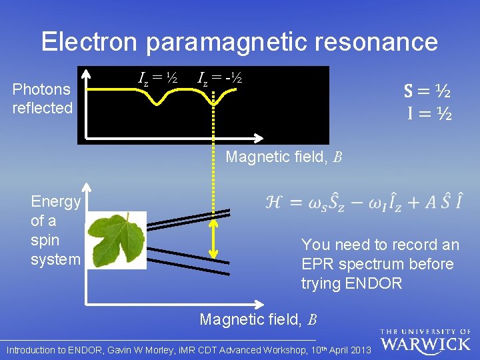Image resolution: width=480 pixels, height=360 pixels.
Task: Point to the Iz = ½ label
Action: click(x=157, y=79)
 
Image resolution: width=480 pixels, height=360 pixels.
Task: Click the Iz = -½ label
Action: click(x=219, y=79)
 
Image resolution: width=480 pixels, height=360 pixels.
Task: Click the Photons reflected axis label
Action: click(x=42, y=99)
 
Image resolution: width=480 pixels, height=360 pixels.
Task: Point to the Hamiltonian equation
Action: click(x=363, y=201)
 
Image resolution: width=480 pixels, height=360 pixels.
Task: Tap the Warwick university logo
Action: click(x=425, y=342)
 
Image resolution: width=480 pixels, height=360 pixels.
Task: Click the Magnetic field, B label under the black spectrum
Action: click(x=283, y=157)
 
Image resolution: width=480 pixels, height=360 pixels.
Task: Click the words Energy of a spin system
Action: click(x=55, y=230)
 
